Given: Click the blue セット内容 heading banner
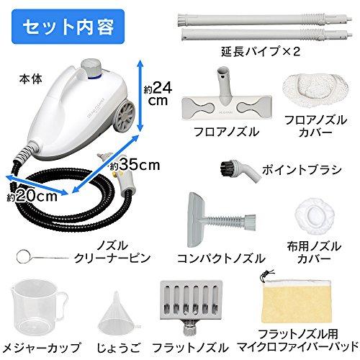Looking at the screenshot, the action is tap(68, 27).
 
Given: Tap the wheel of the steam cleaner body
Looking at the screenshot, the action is tap(125, 117).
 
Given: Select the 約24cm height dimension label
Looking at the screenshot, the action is tap(158, 93).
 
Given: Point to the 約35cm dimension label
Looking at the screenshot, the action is tap(135, 165).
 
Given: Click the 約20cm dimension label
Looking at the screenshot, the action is tap(32, 197).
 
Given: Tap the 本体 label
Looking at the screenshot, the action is tap(31, 79).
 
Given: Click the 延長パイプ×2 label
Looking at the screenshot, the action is tap(261, 52).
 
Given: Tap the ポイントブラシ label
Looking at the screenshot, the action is tap(302, 170).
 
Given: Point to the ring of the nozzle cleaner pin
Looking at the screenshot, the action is tap(23, 257).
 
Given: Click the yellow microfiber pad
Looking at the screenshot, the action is tap(297, 301).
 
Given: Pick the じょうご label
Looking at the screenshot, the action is tap(118, 348).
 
